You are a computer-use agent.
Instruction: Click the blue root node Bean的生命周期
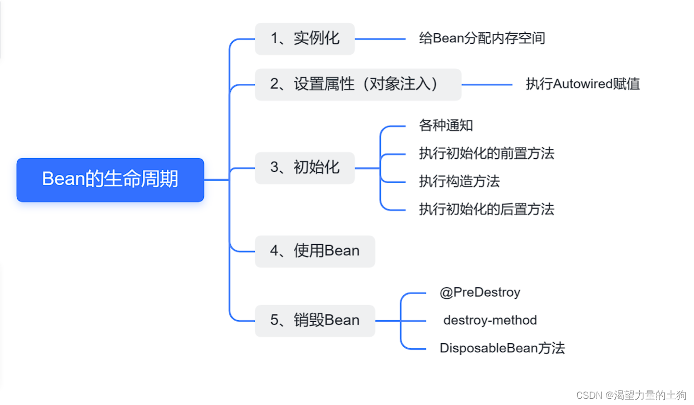click(x=110, y=180)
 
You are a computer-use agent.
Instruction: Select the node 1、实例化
click(x=304, y=39)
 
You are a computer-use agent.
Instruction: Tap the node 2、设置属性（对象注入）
click(x=358, y=84)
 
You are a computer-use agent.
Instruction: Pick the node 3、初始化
click(x=304, y=168)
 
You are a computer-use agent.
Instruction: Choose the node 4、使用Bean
click(x=315, y=251)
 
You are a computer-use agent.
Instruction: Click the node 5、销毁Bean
click(x=315, y=321)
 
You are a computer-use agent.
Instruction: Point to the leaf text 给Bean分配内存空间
click(x=482, y=39)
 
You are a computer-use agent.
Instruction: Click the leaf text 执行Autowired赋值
click(x=583, y=84)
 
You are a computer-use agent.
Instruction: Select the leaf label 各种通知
click(x=446, y=125)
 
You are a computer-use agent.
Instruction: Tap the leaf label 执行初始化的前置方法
click(x=487, y=154)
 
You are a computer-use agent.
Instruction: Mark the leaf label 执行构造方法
click(x=459, y=182)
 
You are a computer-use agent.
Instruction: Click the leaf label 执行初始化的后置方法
click(x=487, y=210)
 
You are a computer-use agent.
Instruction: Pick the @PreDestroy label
click(x=480, y=293)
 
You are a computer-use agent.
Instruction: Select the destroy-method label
click(x=490, y=320)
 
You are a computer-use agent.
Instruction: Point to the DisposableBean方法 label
click(x=502, y=348)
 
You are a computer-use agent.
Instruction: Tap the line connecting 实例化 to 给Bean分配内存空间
click(x=380, y=39)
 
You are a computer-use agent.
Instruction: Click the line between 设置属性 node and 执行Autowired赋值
click(x=487, y=84)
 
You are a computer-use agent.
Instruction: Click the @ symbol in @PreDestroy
click(x=445, y=293)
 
